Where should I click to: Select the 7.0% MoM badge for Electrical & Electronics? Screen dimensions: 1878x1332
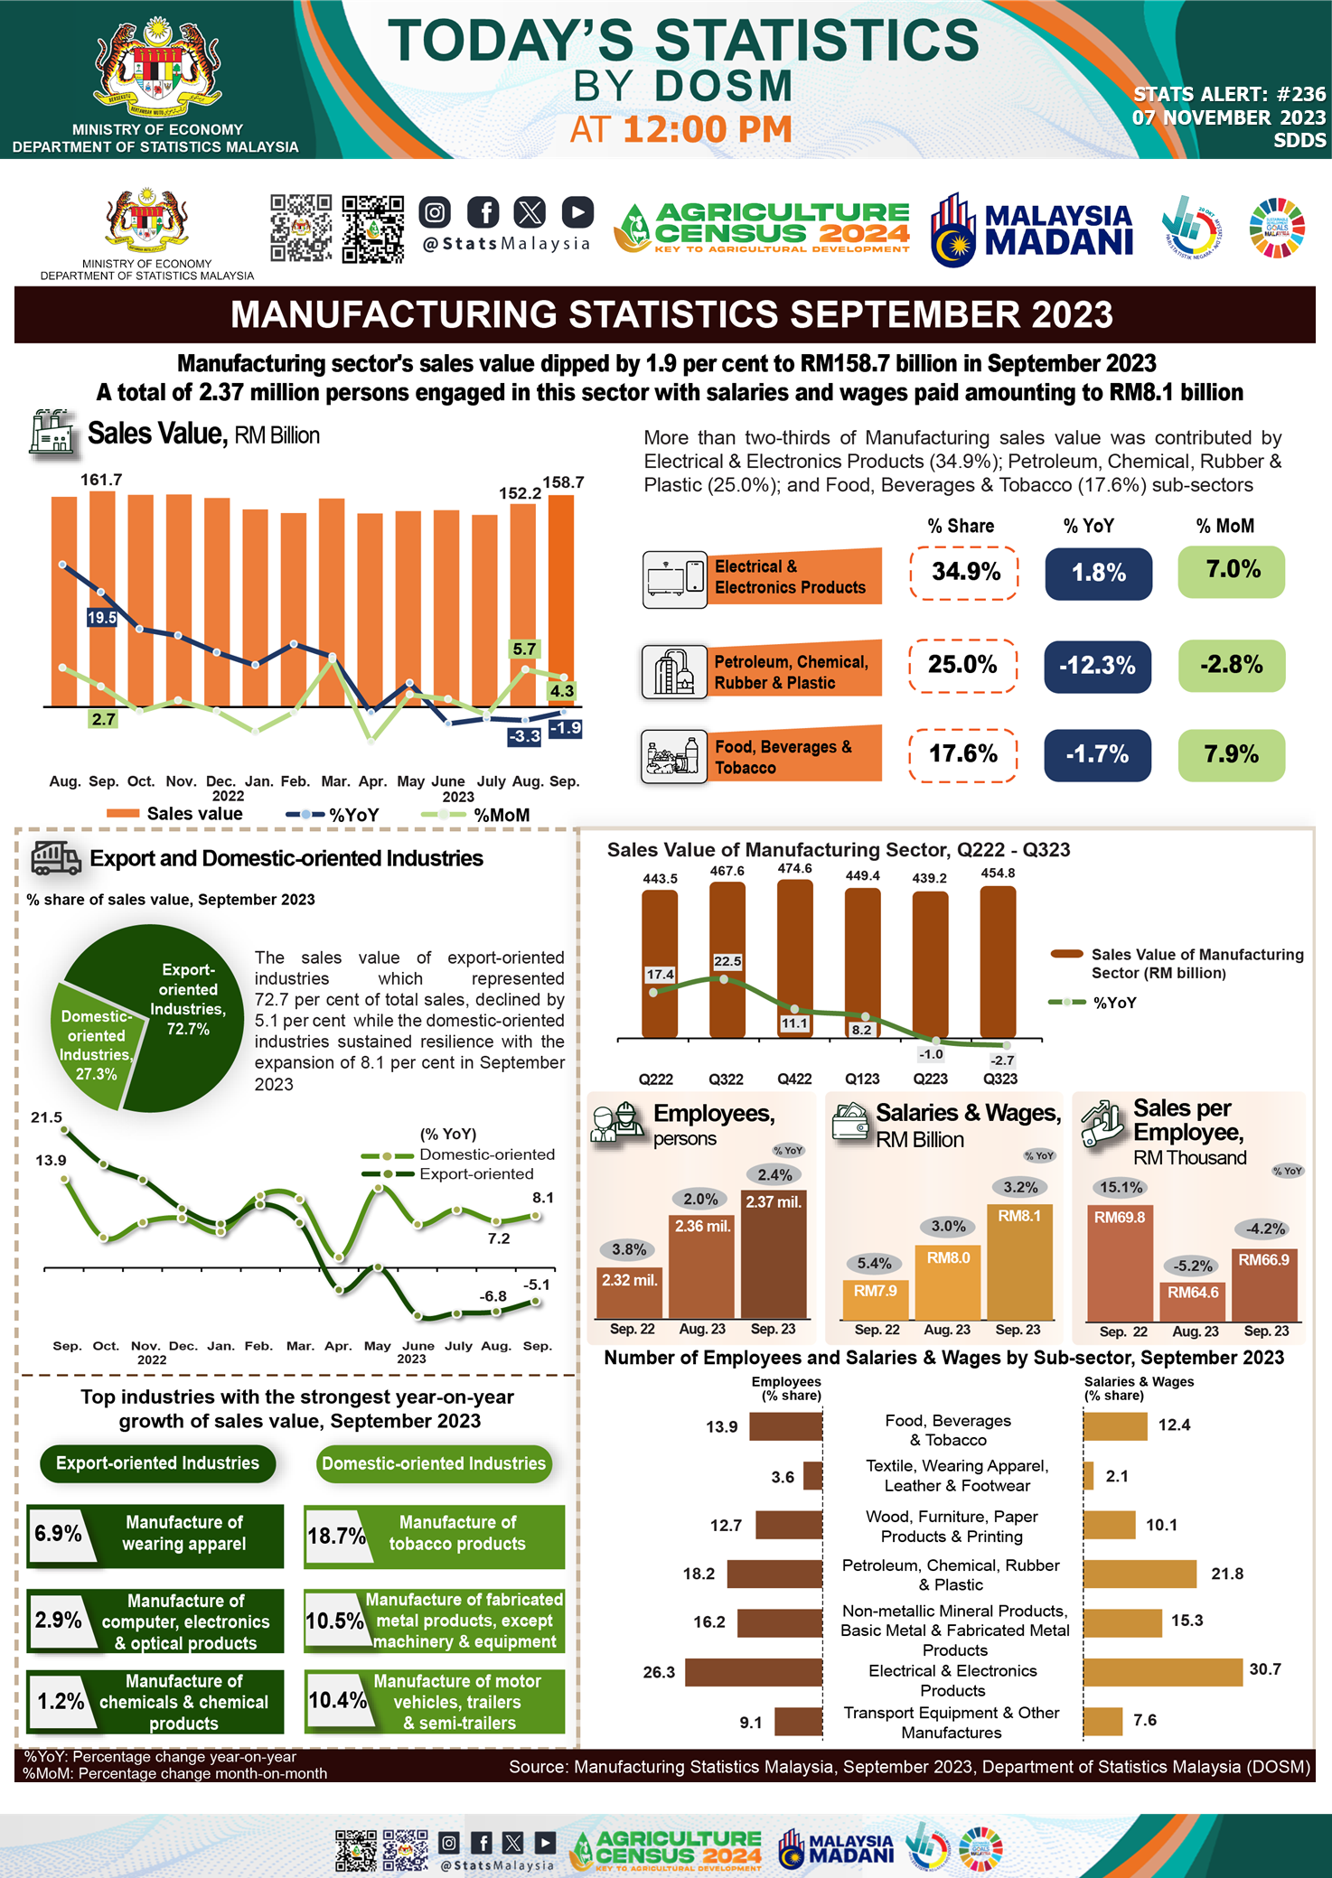coord(1231,572)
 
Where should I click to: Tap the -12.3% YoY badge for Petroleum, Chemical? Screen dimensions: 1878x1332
coord(1097,667)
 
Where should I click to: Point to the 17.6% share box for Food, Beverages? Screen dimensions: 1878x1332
coord(963,754)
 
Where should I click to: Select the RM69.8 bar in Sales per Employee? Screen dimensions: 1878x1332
coord(1120,1265)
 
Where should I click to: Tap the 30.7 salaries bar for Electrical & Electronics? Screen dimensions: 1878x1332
coord(1162,1672)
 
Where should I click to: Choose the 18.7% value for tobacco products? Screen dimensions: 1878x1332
coord(335,1536)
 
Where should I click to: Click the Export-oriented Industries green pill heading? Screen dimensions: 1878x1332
coord(157,1463)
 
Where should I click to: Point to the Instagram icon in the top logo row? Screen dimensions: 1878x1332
coord(435,212)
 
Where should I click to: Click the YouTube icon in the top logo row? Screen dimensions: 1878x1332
coord(577,212)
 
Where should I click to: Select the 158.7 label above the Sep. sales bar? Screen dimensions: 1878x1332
coord(563,482)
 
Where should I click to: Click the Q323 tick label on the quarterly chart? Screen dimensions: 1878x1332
coord(999,1079)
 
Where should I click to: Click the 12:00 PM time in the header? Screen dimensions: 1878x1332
coord(707,130)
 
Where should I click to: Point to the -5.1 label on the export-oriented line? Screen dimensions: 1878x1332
coord(537,1284)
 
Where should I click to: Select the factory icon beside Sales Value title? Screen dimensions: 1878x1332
coord(53,432)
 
